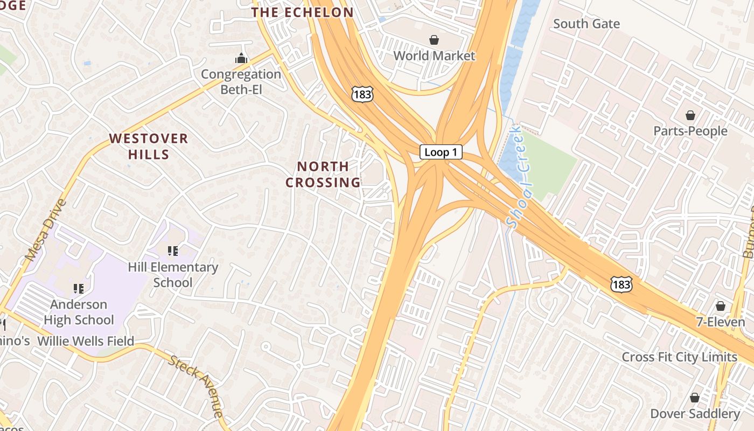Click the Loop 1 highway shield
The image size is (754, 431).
point(441,152)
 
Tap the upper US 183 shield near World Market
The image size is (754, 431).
point(360,94)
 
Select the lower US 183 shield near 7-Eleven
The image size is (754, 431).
point(621,284)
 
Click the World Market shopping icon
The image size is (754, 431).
point(434,40)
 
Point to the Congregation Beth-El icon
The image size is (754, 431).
point(241,58)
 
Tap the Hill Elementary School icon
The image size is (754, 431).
point(173,251)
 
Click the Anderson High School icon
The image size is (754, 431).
point(79,289)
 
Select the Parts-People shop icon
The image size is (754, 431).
point(690,115)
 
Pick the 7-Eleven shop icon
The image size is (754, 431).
point(721,307)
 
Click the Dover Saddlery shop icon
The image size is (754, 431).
point(695,398)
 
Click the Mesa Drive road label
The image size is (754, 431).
point(46,231)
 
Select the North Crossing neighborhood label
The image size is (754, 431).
point(323,174)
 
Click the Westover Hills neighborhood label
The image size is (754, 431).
point(149,146)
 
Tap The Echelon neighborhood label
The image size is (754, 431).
point(303,12)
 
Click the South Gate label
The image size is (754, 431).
point(586,24)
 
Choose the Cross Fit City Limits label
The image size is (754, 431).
point(679,357)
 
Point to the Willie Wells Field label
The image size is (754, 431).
point(86,341)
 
